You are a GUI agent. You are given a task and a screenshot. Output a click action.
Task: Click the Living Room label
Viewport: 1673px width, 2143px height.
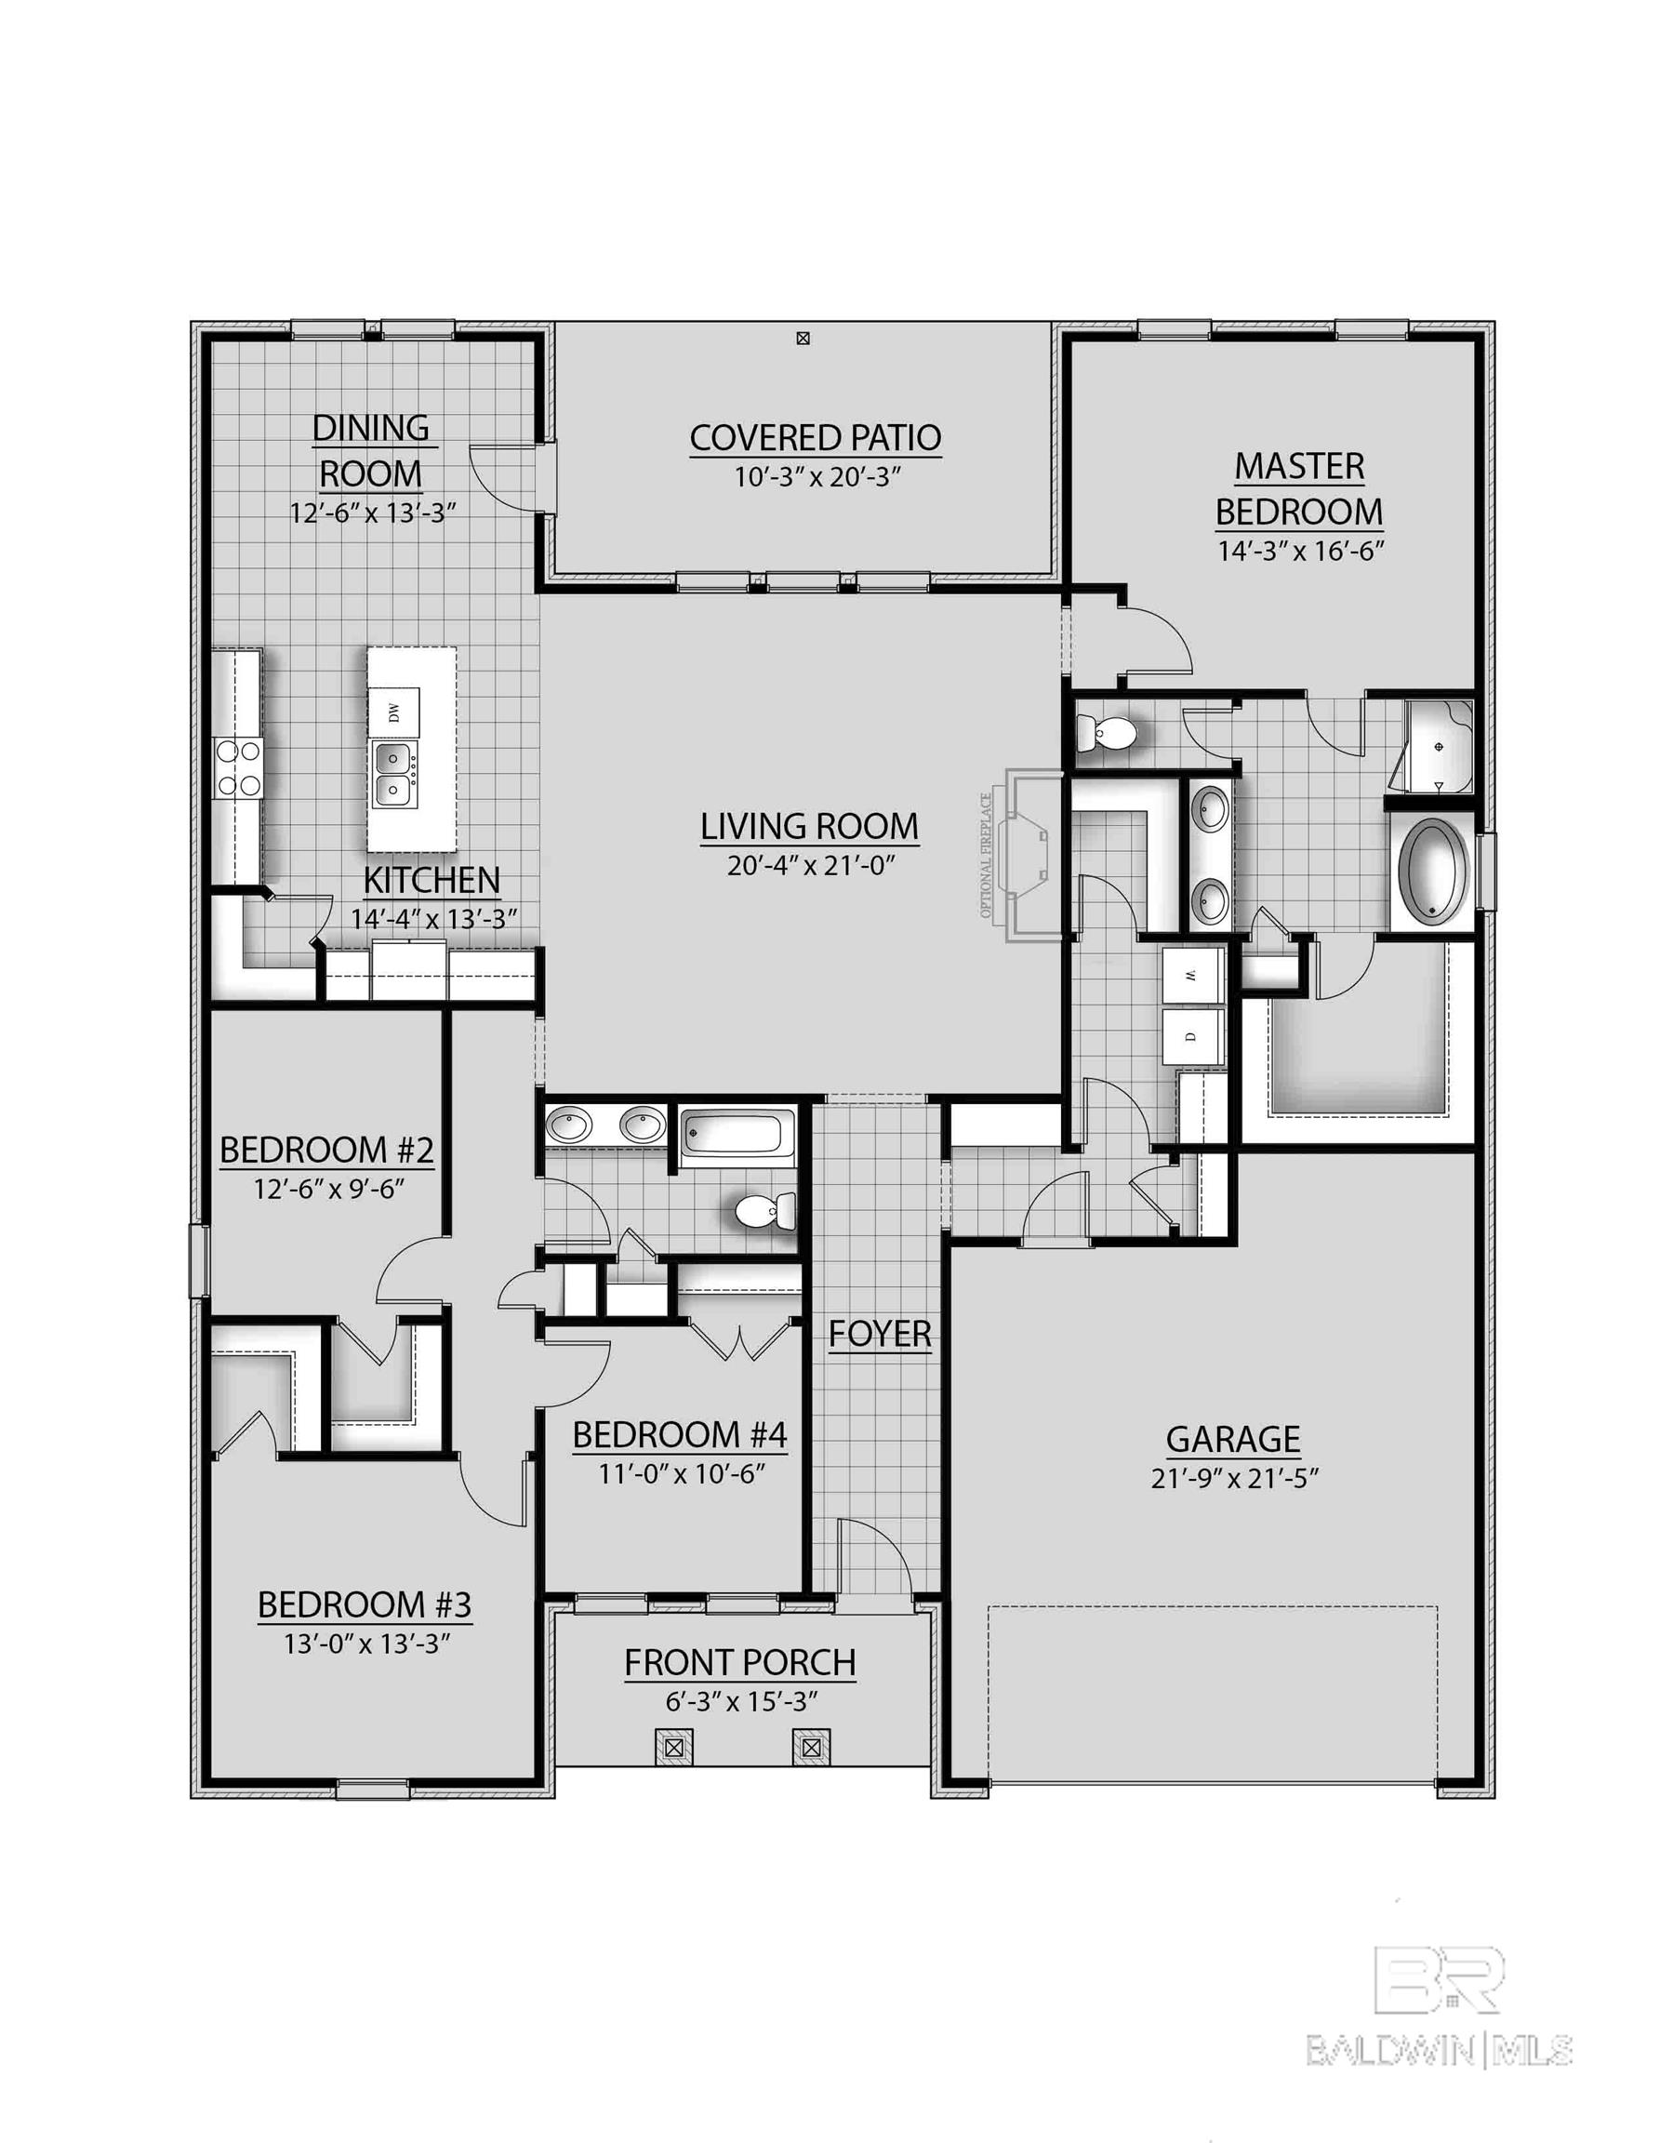(808, 827)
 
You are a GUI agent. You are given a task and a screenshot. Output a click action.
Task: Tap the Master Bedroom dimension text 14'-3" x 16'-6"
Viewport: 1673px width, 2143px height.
(1300, 551)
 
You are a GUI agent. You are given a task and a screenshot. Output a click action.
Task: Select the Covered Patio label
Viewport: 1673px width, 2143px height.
(815, 438)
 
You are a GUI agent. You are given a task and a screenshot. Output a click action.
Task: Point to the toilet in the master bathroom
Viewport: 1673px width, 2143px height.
(1107, 731)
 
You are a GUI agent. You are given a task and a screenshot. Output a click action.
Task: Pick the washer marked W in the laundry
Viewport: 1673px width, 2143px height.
(1191, 976)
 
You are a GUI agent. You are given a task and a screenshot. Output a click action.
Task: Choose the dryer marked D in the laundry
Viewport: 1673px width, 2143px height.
(1191, 1036)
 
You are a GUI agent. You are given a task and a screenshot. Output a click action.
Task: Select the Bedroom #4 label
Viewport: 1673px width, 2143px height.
(679, 1434)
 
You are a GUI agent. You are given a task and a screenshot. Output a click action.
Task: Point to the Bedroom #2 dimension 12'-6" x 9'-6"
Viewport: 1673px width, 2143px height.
(328, 1190)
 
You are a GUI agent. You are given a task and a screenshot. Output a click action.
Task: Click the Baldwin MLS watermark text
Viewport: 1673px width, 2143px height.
(1441, 2050)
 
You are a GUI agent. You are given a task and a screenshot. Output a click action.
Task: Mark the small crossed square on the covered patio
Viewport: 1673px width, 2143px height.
(803, 339)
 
